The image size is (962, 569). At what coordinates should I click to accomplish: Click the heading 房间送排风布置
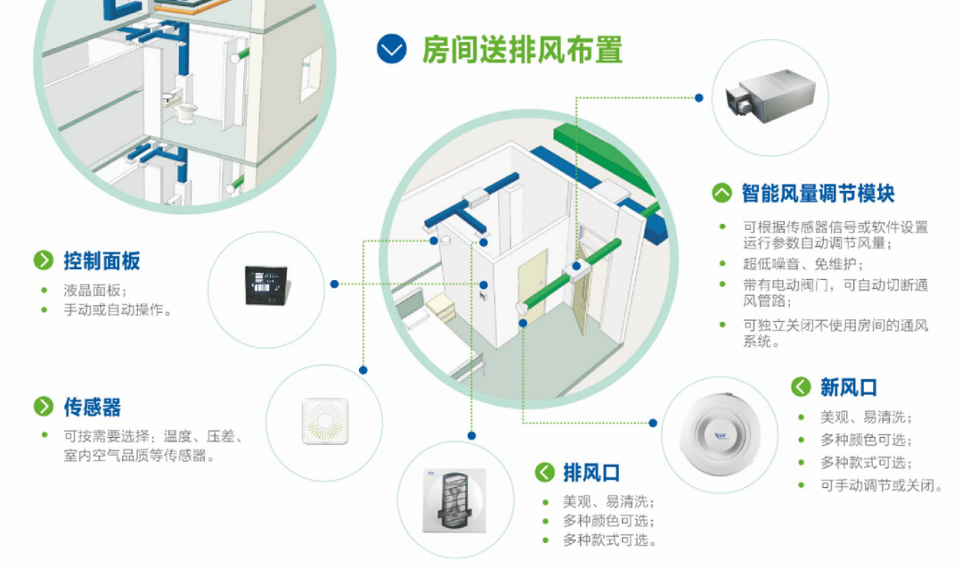pyautogui.click(x=522, y=50)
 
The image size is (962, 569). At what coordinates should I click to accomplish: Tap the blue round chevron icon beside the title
pyautogui.click(x=391, y=49)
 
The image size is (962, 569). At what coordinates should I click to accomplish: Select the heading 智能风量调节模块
pyautogui.click(x=818, y=193)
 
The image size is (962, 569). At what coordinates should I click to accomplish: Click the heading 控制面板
pyautogui.click(x=102, y=261)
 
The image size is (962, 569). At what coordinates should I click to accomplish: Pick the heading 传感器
pyautogui.click(x=92, y=407)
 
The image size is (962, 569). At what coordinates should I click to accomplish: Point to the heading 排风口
pyautogui.click(x=591, y=473)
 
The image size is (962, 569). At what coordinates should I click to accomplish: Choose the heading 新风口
pyautogui.click(x=849, y=388)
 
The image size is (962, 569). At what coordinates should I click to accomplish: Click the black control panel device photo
pyautogui.click(x=267, y=285)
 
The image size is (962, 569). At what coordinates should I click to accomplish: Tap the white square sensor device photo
pyautogui.click(x=325, y=421)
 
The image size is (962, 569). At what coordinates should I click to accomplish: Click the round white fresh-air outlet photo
pyautogui.click(x=720, y=435)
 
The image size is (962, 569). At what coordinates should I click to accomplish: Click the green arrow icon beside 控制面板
pyautogui.click(x=44, y=260)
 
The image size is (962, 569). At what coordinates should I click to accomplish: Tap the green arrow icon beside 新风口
pyautogui.click(x=801, y=387)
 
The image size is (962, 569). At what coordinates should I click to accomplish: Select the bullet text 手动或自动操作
pyautogui.click(x=118, y=309)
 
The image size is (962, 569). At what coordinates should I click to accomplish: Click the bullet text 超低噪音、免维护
pyautogui.click(x=803, y=264)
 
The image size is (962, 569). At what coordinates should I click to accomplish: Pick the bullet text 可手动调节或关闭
pyautogui.click(x=882, y=485)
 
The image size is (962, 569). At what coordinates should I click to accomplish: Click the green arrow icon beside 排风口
pyautogui.click(x=545, y=472)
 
